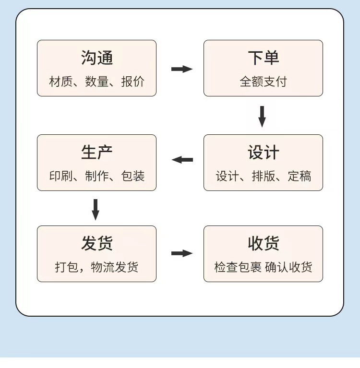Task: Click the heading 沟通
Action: (97, 58)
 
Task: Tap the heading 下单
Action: (263, 58)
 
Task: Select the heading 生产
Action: (97, 152)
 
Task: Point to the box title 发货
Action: (97, 243)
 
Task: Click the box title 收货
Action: (263, 243)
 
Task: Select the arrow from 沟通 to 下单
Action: (182, 69)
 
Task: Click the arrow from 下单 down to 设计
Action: (262, 117)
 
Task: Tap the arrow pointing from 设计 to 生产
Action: (182, 160)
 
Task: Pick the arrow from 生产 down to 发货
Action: (96, 210)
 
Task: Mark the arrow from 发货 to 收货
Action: (182, 253)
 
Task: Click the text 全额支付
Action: (263, 82)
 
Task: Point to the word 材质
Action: (60, 82)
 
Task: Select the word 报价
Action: (133, 82)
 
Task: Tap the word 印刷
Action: (60, 176)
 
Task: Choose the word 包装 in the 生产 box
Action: (133, 176)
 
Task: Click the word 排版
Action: (263, 176)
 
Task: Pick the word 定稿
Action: (300, 176)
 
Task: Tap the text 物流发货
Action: (115, 267)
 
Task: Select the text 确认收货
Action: (288, 267)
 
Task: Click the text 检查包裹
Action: (238, 267)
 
